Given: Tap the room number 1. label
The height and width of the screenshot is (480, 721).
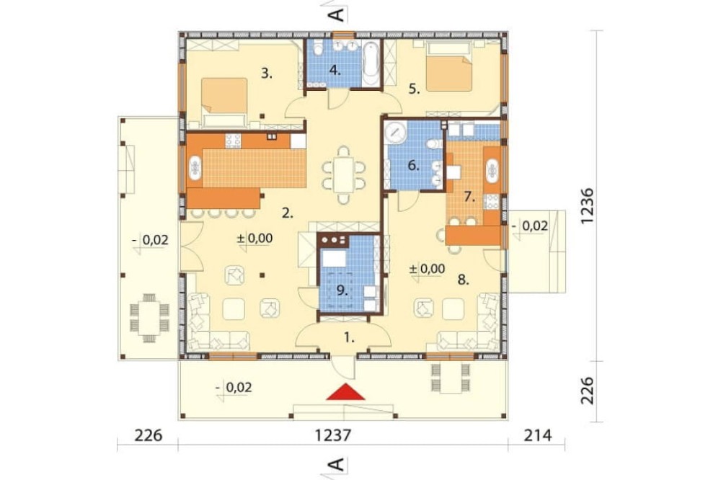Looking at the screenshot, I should click(349, 336).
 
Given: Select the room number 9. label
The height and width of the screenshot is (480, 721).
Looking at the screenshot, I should click(342, 291).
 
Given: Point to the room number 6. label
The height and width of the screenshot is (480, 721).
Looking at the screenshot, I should click(413, 165).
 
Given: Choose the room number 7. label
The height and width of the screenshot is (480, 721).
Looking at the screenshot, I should click(469, 196).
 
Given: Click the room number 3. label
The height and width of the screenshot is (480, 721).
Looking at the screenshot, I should click(267, 73).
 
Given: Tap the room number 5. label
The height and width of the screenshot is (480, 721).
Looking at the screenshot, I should click(413, 89).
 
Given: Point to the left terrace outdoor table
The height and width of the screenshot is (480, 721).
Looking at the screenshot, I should click(149, 315).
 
